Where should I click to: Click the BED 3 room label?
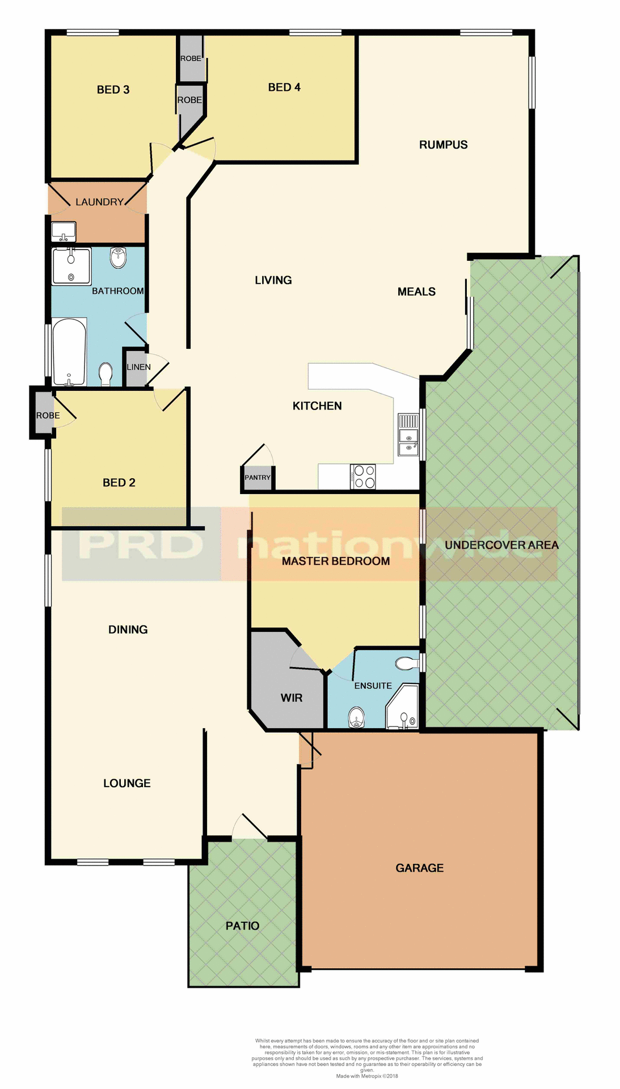point(113,90)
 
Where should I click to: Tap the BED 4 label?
point(284,87)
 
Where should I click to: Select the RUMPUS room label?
point(443,145)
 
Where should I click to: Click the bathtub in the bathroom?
point(69,352)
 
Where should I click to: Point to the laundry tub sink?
point(63,231)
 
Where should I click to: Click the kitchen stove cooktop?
point(363,476)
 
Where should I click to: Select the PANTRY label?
point(258,478)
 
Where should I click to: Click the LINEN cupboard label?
point(138,367)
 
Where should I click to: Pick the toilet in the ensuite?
point(406,663)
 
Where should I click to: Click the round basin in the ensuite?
point(356,717)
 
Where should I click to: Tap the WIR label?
point(292,698)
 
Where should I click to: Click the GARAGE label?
point(419,868)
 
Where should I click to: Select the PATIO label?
point(242,926)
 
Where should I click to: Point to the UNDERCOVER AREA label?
point(501,545)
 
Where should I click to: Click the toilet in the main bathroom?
point(106,374)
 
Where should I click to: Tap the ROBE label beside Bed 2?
point(48,415)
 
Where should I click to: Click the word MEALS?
point(416,292)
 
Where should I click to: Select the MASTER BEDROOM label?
point(336,561)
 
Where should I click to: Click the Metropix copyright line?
point(367,1076)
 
